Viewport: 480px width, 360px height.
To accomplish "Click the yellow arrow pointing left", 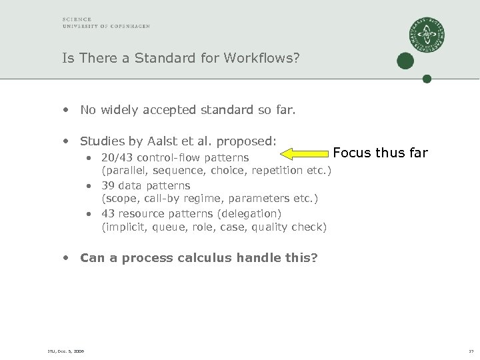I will tap(304, 154).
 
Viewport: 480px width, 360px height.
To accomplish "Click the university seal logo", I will tap(427, 35).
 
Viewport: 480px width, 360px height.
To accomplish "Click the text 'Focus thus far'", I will tap(380, 153).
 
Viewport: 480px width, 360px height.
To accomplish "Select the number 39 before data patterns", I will tap(109, 185).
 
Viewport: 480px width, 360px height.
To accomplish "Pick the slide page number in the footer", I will tap(471, 351).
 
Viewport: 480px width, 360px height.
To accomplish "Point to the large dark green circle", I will tap(405, 61).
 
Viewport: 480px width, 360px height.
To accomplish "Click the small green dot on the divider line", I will tap(427, 79).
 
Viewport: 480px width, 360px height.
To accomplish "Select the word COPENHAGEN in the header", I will tap(131, 26).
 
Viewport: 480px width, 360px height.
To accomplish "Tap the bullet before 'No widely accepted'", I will tap(65, 109).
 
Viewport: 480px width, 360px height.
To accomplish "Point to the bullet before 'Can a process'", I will tap(65, 257).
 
